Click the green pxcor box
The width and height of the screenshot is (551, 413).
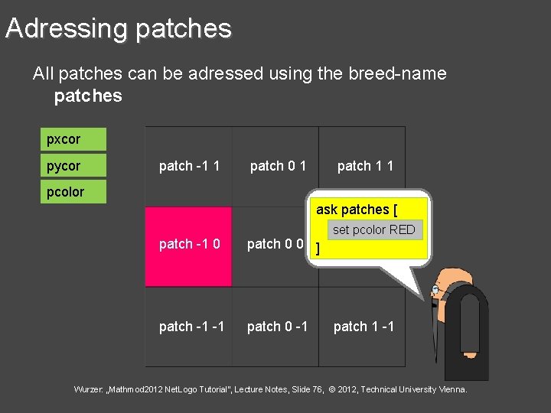(73, 140)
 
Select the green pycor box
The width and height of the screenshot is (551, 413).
(73, 166)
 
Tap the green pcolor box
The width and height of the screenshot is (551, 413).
(73, 192)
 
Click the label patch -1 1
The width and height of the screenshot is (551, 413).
(189, 166)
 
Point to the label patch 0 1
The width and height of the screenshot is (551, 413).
(278, 166)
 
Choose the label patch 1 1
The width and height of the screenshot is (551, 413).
(365, 166)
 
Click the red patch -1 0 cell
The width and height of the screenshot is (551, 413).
(189, 246)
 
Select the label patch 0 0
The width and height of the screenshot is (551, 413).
(275, 244)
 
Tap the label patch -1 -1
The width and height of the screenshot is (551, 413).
(191, 327)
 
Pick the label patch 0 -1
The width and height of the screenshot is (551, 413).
(277, 327)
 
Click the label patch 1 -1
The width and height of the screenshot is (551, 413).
(364, 327)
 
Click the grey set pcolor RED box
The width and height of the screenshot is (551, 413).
(374, 230)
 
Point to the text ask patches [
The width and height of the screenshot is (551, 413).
(356, 210)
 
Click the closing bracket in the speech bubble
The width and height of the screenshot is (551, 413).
(318, 249)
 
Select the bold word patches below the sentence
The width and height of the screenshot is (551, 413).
(88, 96)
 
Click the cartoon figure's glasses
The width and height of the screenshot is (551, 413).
(435, 291)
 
